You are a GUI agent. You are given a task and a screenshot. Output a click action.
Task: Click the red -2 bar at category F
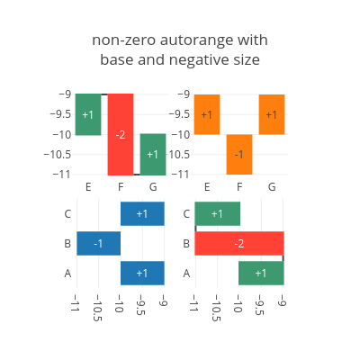[121, 134]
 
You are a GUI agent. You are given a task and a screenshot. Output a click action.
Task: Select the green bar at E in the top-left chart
[88, 114]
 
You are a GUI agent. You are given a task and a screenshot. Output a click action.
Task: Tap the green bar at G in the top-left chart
[153, 154]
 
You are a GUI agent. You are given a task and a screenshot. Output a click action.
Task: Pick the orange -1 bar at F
[239, 155]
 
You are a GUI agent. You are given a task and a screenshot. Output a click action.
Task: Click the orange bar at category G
[272, 114]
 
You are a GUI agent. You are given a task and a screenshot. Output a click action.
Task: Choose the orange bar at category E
[207, 114]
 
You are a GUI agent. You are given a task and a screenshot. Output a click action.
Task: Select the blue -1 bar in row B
[99, 243]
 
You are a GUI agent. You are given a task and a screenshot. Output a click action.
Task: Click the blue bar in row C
[142, 213]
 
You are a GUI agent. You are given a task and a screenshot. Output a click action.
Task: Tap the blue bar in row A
[142, 273]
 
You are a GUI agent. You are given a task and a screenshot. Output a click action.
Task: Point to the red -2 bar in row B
[239, 243]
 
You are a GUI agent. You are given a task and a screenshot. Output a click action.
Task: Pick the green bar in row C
[218, 213]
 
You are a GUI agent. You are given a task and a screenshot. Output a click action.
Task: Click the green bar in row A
[261, 273]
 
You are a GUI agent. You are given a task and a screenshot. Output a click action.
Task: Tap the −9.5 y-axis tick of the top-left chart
[60, 114]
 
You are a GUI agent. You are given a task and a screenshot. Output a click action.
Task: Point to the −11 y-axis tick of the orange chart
[180, 175]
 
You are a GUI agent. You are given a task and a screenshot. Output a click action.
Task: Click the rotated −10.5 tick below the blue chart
[97, 308]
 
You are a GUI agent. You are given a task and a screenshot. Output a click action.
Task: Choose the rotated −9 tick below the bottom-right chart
[283, 301]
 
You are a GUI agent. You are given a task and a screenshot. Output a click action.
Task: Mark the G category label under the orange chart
[272, 187]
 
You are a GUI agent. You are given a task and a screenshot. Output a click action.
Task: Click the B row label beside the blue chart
[67, 243]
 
